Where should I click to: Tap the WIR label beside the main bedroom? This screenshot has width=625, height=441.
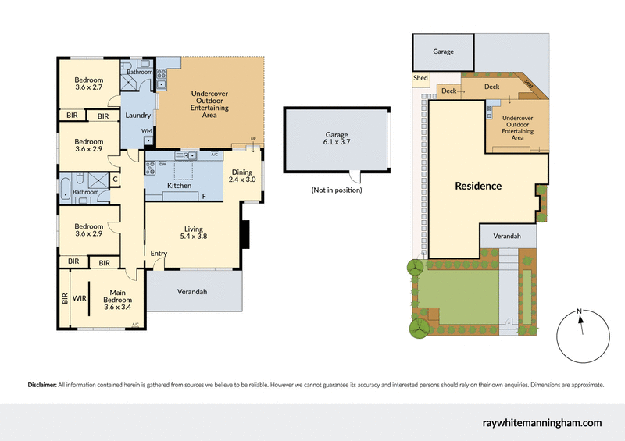point(78,297)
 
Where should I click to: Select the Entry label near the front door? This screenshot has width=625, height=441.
point(159,253)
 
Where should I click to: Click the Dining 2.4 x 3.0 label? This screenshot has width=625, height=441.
point(242,175)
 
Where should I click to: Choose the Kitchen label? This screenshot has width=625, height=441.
point(180,187)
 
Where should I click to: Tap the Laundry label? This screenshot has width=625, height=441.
point(137,116)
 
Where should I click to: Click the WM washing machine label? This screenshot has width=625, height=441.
point(146,130)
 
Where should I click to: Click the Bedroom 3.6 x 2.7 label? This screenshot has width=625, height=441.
point(89,84)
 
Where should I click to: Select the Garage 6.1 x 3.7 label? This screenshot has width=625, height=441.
point(337,139)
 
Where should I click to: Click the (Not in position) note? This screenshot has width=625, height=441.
point(337,190)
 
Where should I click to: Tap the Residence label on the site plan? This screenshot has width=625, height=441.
point(478,186)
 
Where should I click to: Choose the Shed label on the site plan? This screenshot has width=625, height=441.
point(420,78)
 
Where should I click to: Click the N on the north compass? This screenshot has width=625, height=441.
point(579,312)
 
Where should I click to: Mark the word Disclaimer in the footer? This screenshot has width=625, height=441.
point(42,385)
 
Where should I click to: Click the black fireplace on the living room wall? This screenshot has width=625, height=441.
point(245,234)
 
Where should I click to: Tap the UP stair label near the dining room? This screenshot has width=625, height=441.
point(252,140)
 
